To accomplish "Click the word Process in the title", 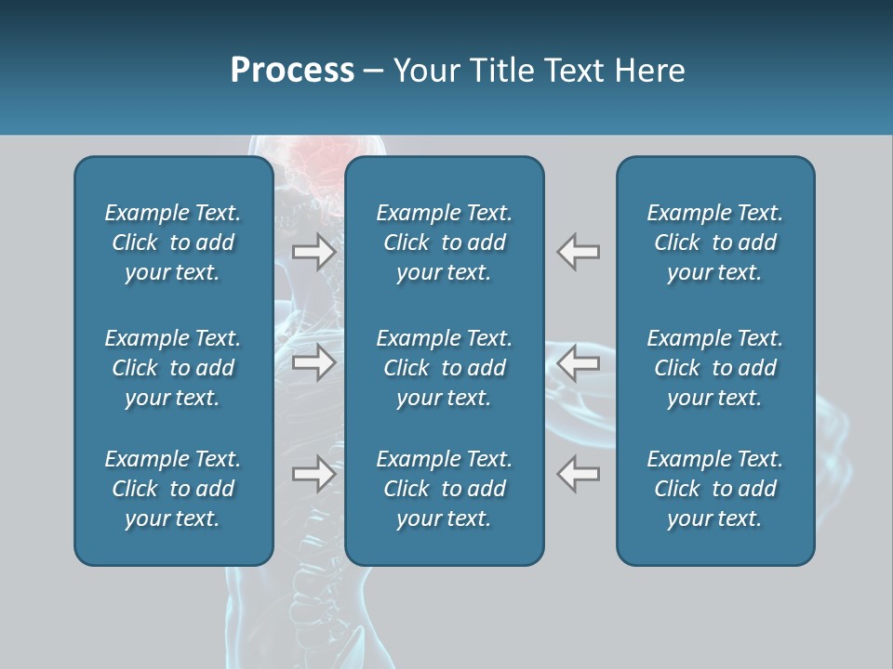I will point(292,70).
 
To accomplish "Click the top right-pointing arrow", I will point(314,251).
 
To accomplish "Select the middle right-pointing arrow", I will point(314,362).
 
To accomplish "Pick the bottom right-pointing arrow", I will point(314,474).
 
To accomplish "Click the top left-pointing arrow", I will point(578,251).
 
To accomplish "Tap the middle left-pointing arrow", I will point(578,362).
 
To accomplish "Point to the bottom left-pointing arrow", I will point(578,474).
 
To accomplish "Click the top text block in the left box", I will point(173,243).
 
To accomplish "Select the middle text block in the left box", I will point(173,368).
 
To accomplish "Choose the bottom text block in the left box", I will point(173,489).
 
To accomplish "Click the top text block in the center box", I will point(444,243).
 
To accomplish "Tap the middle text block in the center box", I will point(444,368).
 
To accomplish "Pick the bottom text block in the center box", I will point(444,489).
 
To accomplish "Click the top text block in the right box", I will point(714,243).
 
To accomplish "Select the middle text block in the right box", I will point(714,368).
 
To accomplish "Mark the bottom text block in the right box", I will point(714,489).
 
